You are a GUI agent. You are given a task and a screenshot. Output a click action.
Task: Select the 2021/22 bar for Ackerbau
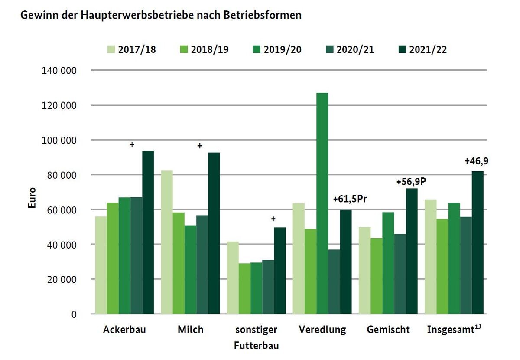point(148,232)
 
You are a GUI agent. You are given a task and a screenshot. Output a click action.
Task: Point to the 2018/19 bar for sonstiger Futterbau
point(244,288)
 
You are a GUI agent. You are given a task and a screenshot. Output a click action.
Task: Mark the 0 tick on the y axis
point(74,314)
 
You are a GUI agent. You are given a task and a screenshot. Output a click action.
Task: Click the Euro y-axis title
point(32,198)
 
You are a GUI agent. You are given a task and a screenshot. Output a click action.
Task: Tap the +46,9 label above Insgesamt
point(478,161)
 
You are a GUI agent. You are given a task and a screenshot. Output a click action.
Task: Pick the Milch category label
point(190,330)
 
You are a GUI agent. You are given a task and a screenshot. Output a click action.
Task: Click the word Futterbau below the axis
point(256,346)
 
